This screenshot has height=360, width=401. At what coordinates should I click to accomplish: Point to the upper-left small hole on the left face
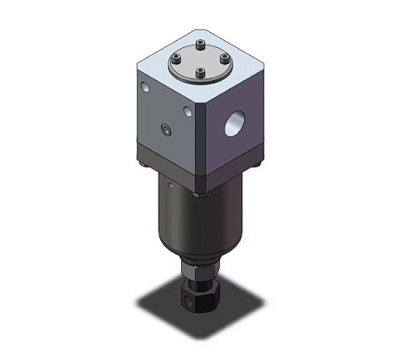pos(145,86)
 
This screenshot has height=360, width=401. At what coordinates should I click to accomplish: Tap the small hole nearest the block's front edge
pos(186,112)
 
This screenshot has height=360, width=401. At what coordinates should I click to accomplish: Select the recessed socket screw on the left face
pos(166,132)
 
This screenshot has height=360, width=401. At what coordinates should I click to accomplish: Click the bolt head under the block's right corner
pos(258,161)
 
